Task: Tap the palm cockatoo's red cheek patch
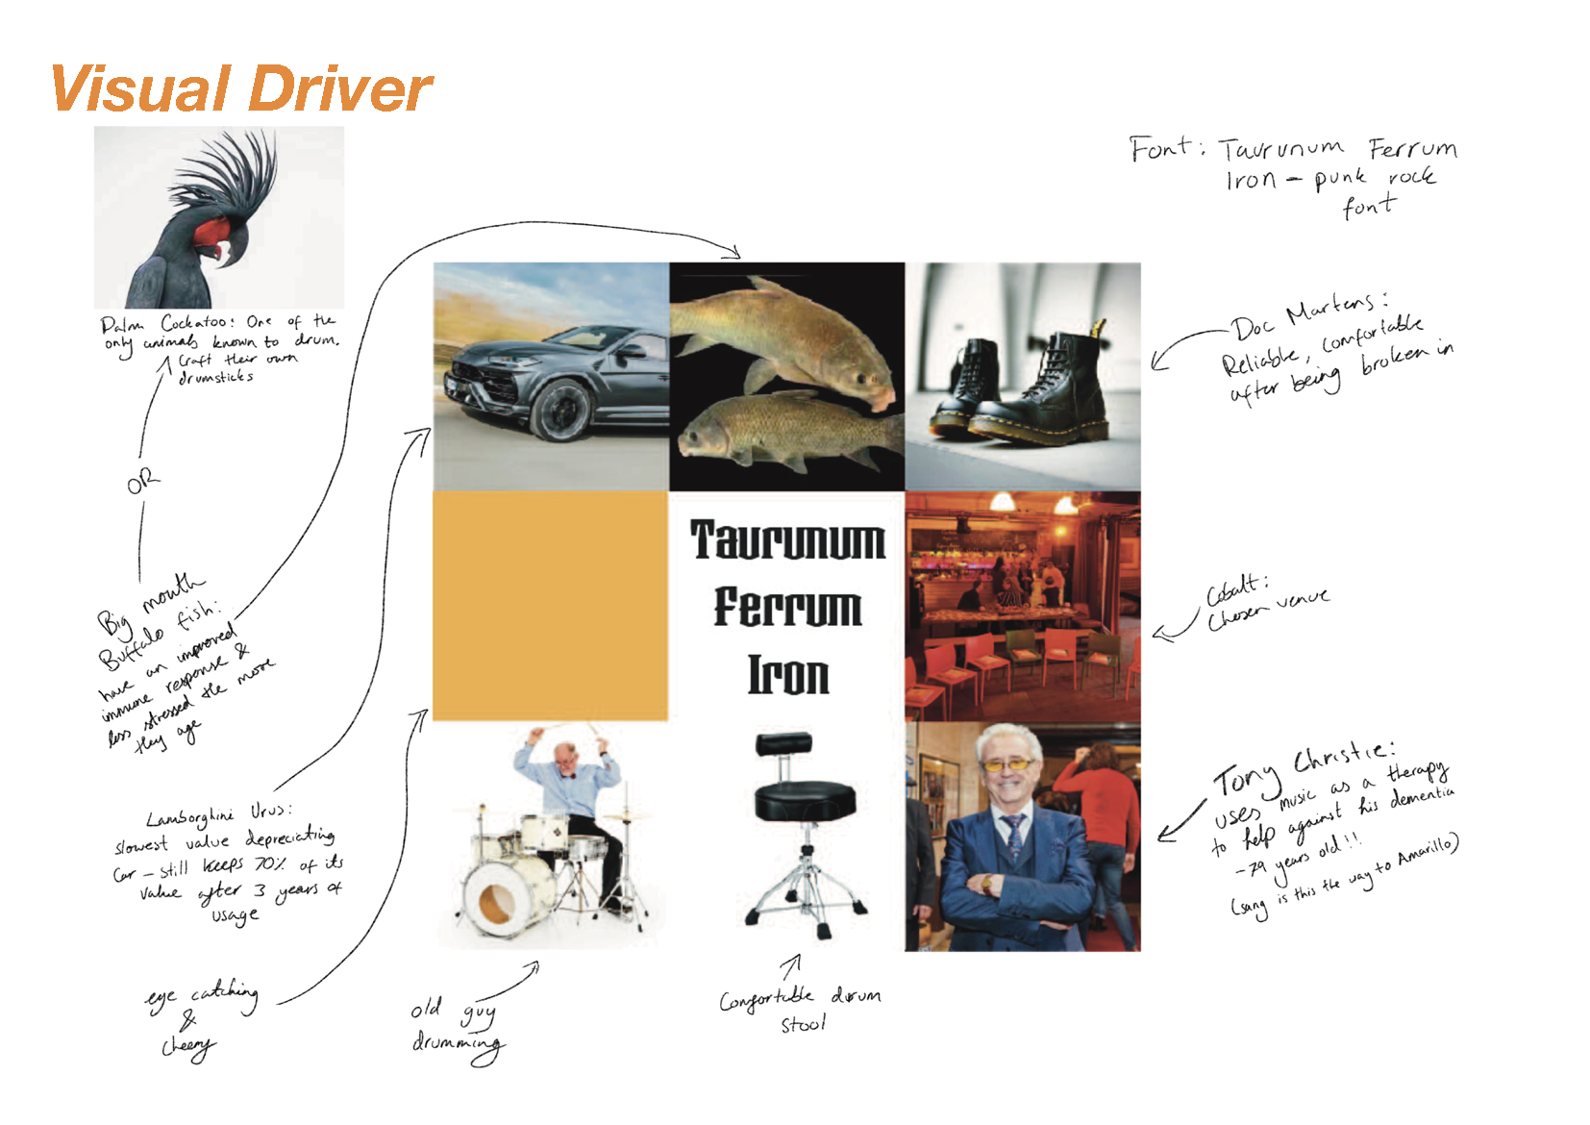(x=216, y=233)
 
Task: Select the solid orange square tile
(x=550, y=606)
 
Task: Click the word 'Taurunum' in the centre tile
(x=787, y=540)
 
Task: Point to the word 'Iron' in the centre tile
(x=788, y=675)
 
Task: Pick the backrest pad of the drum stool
(x=783, y=743)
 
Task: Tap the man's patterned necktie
(x=1013, y=837)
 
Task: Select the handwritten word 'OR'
(x=143, y=482)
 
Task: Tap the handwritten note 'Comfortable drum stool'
(x=801, y=1010)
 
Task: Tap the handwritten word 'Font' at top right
(x=1160, y=149)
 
